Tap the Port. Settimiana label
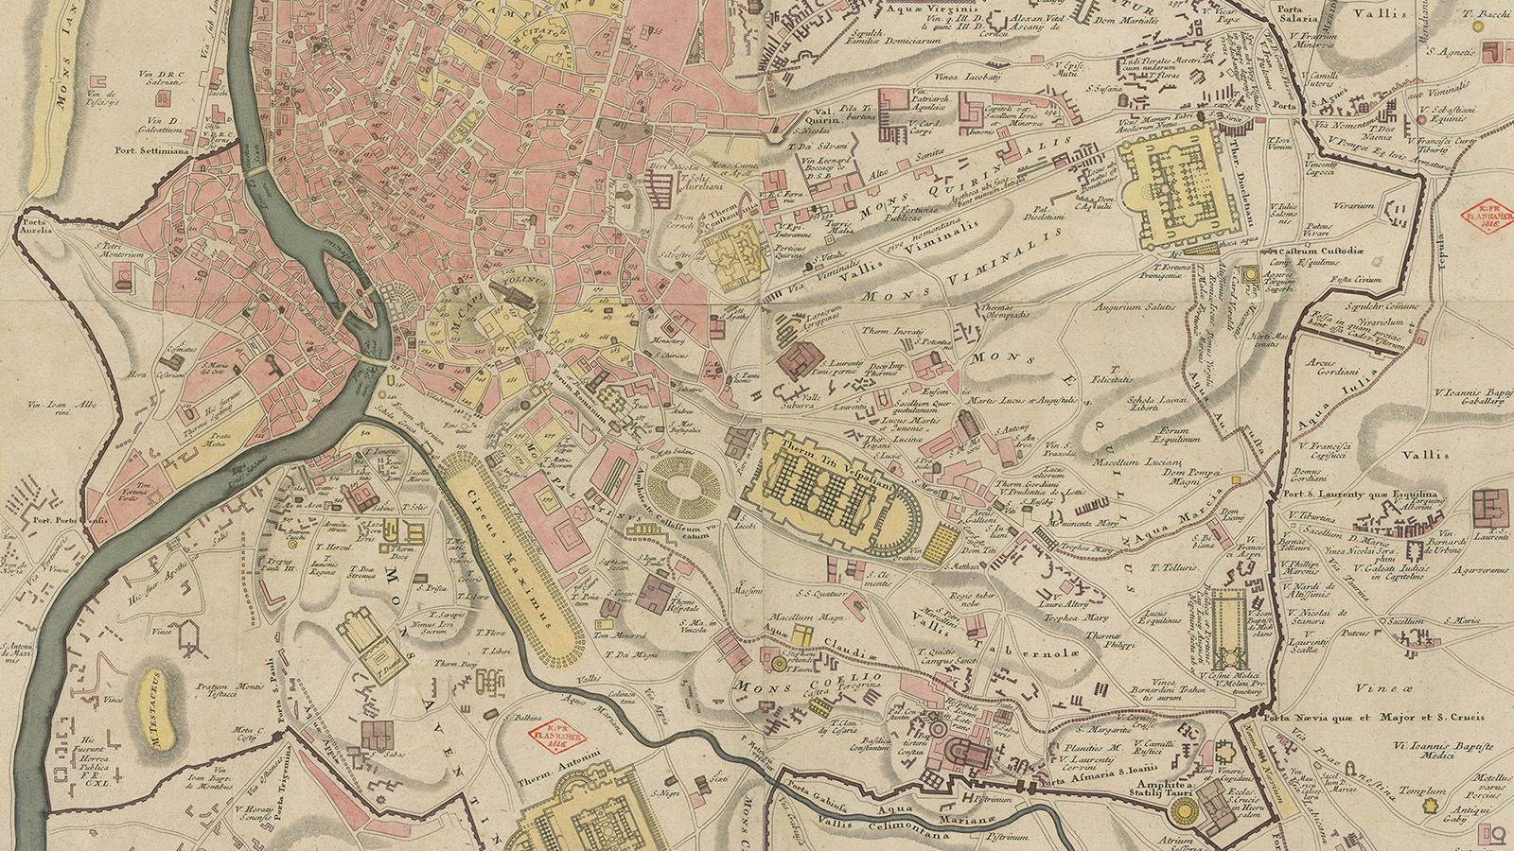(x=151, y=150)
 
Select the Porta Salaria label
(x=1295, y=14)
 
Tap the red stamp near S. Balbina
(x=556, y=739)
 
